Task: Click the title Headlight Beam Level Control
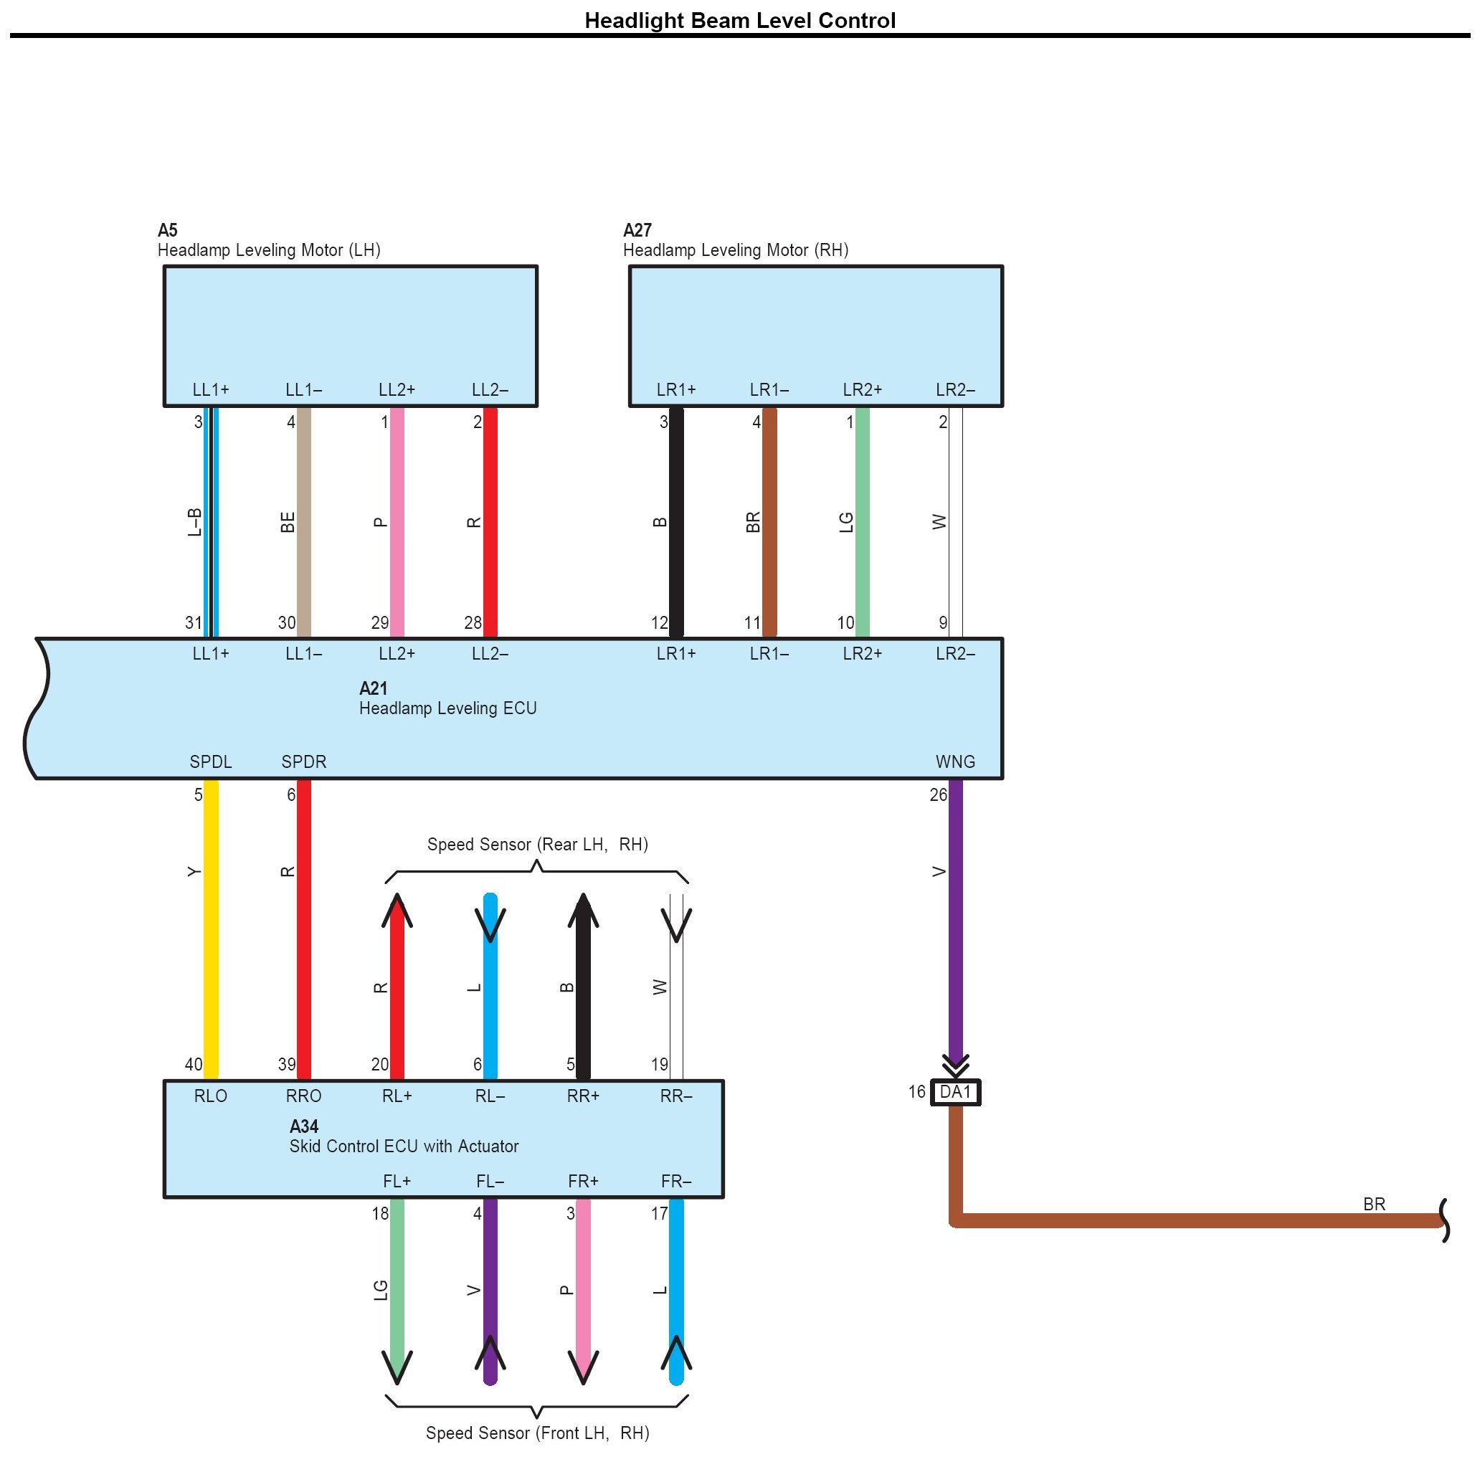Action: click(x=739, y=21)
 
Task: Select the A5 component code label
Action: click(x=167, y=231)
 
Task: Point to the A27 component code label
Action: click(x=637, y=231)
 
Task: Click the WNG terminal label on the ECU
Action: click(x=955, y=762)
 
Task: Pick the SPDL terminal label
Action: click(x=211, y=762)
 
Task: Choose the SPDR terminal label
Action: click(x=303, y=762)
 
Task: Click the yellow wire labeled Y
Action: click(x=211, y=927)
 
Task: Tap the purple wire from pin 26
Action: click(x=955, y=919)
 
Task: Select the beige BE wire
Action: click(x=303, y=521)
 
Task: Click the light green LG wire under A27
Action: click(x=862, y=521)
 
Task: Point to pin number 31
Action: click(x=193, y=624)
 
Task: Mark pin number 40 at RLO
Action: click(x=193, y=1065)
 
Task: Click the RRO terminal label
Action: click(x=303, y=1096)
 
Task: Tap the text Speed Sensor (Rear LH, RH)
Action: click(x=537, y=845)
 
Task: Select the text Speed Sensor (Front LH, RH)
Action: click(x=537, y=1433)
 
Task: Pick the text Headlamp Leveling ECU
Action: click(x=447, y=708)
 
